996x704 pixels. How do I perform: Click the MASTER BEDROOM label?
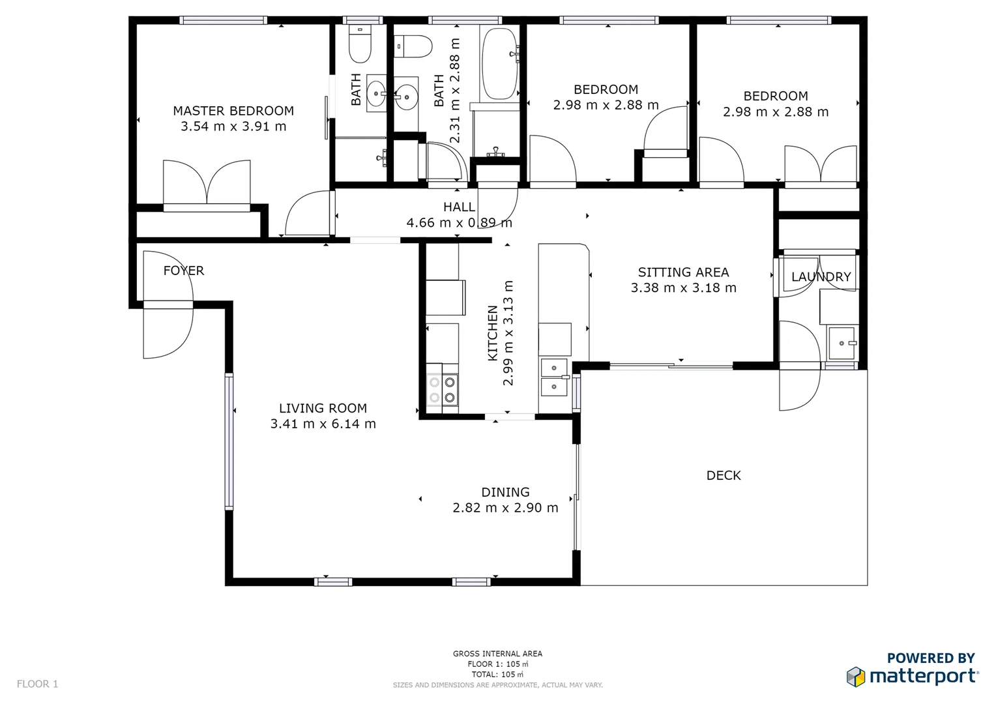click(x=233, y=111)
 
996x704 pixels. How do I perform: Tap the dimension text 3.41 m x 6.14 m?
click(x=323, y=424)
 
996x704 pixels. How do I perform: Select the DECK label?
click(x=724, y=475)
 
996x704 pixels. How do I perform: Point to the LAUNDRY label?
click(x=821, y=277)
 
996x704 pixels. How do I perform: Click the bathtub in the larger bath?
click(x=499, y=63)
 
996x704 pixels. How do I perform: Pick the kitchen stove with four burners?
click(x=442, y=390)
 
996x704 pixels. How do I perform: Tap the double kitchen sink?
click(x=554, y=377)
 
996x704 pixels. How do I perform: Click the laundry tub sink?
click(x=842, y=343)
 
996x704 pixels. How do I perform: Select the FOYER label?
click(x=183, y=271)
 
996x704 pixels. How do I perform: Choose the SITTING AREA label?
click(x=683, y=272)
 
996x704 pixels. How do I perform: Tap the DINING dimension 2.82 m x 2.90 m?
click(x=505, y=508)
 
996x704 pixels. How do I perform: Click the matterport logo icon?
click(x=855, y=677)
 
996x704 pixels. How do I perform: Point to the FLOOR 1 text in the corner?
click(x=37, y=684)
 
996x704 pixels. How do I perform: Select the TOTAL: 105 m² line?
click(x=497, y=675)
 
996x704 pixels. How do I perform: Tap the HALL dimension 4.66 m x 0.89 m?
click(x=459, y=223)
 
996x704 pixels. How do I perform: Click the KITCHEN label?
click(x=493, y=332)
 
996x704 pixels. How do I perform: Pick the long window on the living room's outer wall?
click(x=229, y=441)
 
